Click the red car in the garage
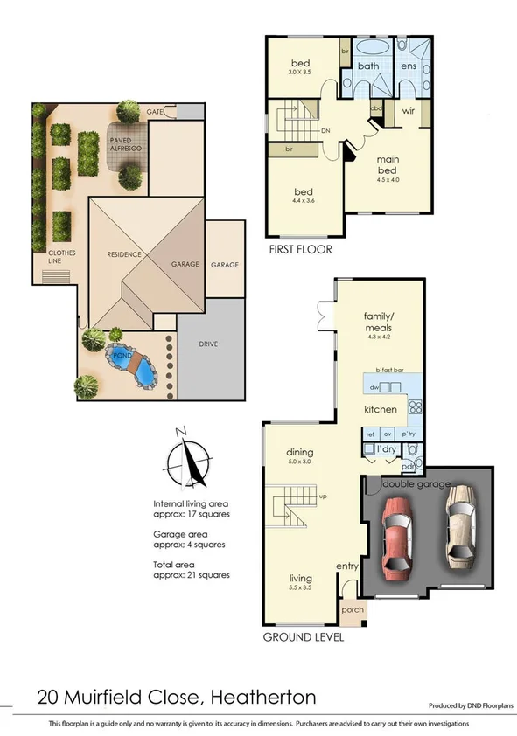(x=397, y=541)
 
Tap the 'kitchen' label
(x=381, y=409)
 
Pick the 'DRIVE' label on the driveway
(x=207, y=344)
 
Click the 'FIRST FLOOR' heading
(x=301, y=249)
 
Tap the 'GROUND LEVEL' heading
(x=304, y=637)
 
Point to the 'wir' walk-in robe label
(x=409, y=111)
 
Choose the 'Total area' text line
(x=191, y=569)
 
